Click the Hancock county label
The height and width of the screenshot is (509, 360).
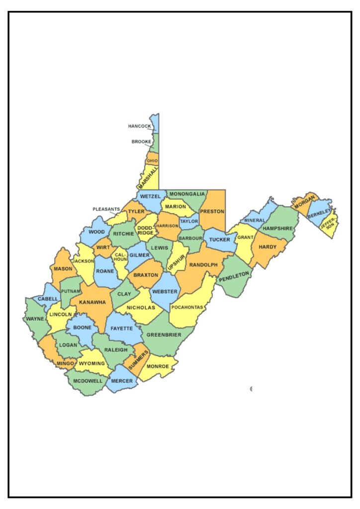click(x=139, y=126)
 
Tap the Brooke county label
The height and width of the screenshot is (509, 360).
click(x=141, y=142)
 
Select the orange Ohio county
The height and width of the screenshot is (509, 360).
click(x=152, y=161)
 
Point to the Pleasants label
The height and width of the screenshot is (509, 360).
click(x=106, y=209)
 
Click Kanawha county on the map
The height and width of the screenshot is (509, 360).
click(x=92, y=302)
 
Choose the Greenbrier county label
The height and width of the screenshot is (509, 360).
click(x=164, y=335)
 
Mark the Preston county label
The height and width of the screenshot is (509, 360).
click(x=213, y=211)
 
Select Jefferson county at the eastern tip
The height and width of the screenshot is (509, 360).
click(x=330, y=226)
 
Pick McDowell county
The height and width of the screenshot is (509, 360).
click(x=88, y=381)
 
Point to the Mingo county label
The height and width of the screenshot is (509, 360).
click(x=65, y=363)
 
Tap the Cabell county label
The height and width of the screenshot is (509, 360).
click(x=48, y=299)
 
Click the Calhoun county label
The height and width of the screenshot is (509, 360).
click(x=120, y=257)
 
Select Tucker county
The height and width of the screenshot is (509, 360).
click(x=219, y=240)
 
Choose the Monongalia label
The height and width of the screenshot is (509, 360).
click(x=187, y=194)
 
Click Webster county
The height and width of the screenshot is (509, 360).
click(x=165, y=291)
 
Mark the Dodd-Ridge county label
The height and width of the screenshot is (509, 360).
click(x=145, y=230)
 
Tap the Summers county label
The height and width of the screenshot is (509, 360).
click(x=138, y=360)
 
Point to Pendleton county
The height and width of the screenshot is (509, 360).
click(x=234, y=275)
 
